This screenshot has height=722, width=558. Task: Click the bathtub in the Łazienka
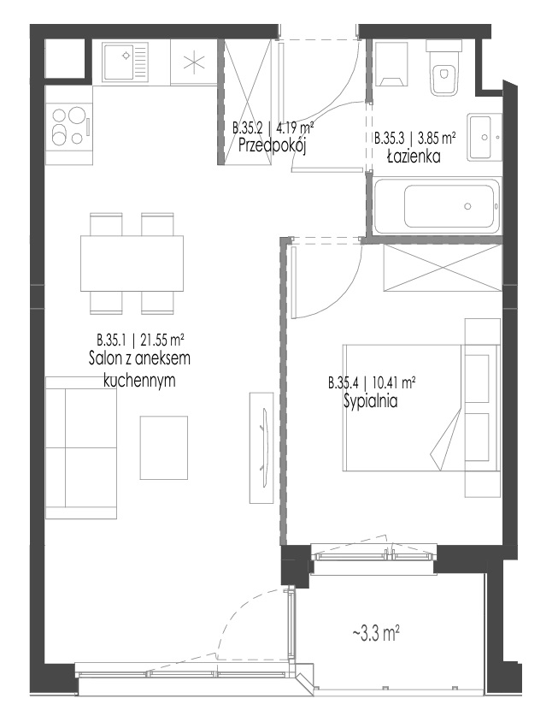tap(437, 206)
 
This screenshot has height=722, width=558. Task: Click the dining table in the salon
tap(132, 263)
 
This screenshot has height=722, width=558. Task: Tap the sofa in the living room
tap(81, 447)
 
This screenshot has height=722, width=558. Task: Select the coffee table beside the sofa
tap(164, 447)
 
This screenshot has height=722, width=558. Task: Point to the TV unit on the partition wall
tap(261, 447)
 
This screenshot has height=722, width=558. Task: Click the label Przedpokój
tap(273, 146)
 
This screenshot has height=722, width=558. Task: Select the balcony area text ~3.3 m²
tap(376, 635)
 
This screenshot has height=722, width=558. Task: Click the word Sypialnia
tap(371, 401)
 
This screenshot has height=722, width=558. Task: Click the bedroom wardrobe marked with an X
tap(443, 268)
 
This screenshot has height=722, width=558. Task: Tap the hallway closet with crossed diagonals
tap(247, 101)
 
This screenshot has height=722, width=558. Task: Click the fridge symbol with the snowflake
tap(194, 62)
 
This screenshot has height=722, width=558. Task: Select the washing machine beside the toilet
tap(391, 64)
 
